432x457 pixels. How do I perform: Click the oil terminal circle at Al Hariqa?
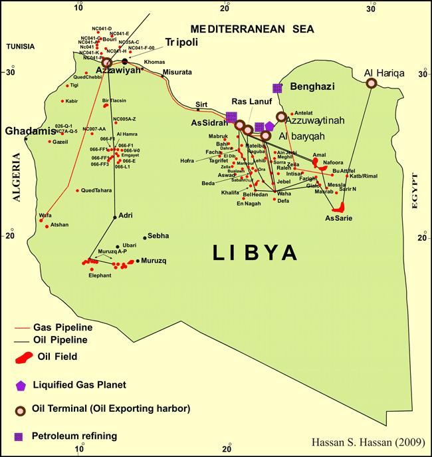372,83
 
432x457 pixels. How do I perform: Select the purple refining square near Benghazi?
277,88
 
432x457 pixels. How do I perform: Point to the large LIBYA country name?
255,253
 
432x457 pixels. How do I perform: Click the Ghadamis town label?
29,131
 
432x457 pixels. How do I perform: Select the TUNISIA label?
20,47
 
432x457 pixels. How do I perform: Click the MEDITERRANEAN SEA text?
251,29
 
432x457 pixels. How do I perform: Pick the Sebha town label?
158,235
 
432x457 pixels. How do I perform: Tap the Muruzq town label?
154,260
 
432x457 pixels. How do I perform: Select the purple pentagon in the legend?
23,384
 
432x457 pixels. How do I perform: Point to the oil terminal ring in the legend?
23,409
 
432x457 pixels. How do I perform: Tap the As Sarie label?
339,218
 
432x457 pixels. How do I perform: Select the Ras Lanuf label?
249,101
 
